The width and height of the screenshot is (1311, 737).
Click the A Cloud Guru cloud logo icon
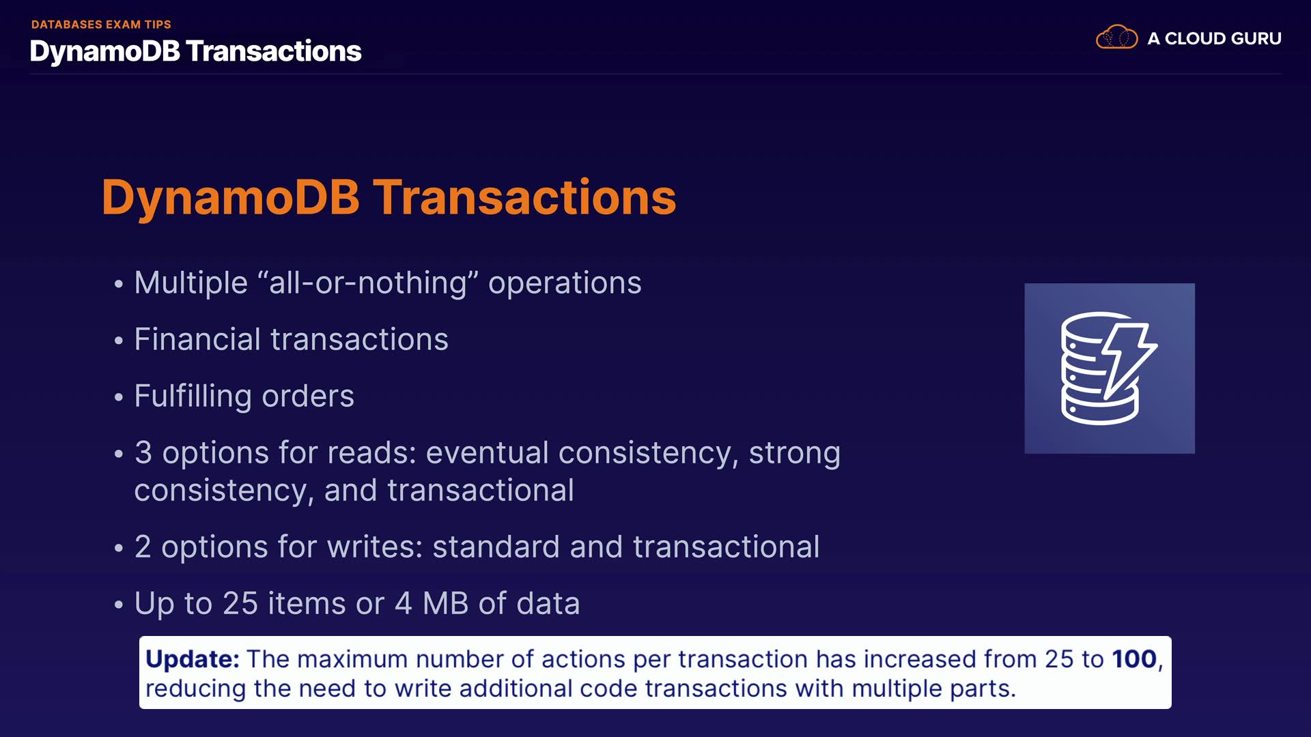tap(1116, 37)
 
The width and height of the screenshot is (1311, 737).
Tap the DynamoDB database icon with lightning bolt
tap(1109, 369)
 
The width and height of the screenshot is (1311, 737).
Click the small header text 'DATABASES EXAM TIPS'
tap(101, 25)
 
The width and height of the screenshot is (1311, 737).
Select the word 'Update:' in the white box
tap(193, 659)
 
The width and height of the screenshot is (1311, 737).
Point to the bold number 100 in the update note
tap(1134, 659)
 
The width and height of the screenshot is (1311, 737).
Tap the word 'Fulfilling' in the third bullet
tap(193, 396)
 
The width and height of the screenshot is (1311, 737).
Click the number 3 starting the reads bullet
tap(143, 453)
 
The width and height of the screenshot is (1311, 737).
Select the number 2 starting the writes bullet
tap(143, 547)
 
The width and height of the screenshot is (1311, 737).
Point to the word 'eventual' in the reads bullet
tap(487, 453)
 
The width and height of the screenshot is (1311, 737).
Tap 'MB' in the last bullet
tap(445, 604)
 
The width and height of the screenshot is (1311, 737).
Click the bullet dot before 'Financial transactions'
tap(119, 340)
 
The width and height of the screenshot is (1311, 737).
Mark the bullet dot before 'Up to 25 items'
tap(119, 604)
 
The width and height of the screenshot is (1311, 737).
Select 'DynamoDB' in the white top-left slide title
tap(105, 52)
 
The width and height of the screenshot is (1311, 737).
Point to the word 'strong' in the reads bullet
tap(795, 454)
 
